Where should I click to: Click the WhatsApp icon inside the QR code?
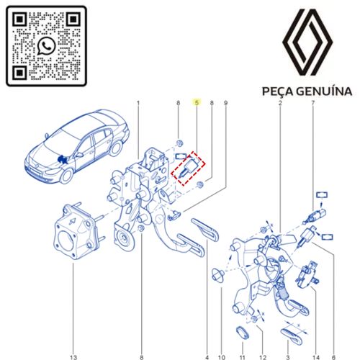coord(46,46)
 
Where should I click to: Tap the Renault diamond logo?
coord(307,42)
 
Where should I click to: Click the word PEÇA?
coord(277,91)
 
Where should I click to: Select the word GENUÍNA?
coord(324,91)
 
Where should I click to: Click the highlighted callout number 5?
coord(197,103)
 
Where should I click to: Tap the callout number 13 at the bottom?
coord(73,357)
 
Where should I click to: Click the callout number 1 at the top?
coord(138,103)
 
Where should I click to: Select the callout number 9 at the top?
coord(225,103)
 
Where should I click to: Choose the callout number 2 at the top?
coord(280,103)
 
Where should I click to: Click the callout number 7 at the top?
coord(312,103)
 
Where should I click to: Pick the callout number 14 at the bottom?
coord(316,357)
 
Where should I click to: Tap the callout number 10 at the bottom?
coord(222,357)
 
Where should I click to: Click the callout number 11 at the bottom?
coord(243,357)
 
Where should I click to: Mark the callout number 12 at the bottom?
coord(263,357)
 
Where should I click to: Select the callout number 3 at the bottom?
coord(288,357)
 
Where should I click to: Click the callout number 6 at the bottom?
coord(333,357)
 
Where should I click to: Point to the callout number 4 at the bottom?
coord(207,357)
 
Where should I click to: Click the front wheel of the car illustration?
coord(66,176)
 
